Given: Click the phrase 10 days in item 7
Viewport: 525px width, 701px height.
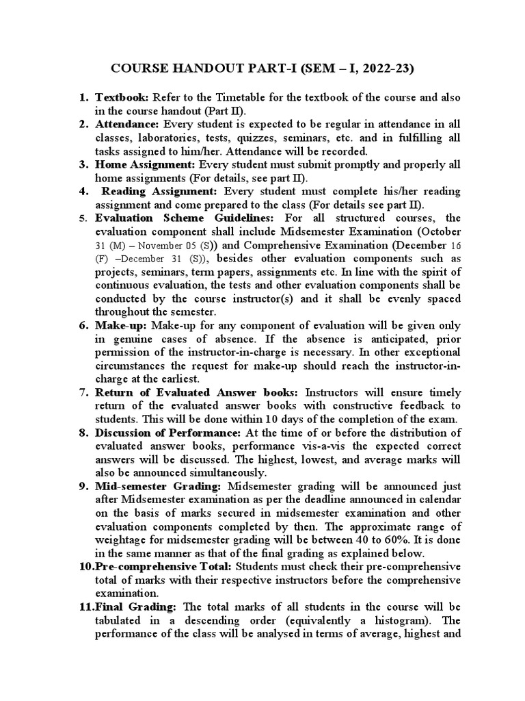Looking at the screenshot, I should pos(282,419).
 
